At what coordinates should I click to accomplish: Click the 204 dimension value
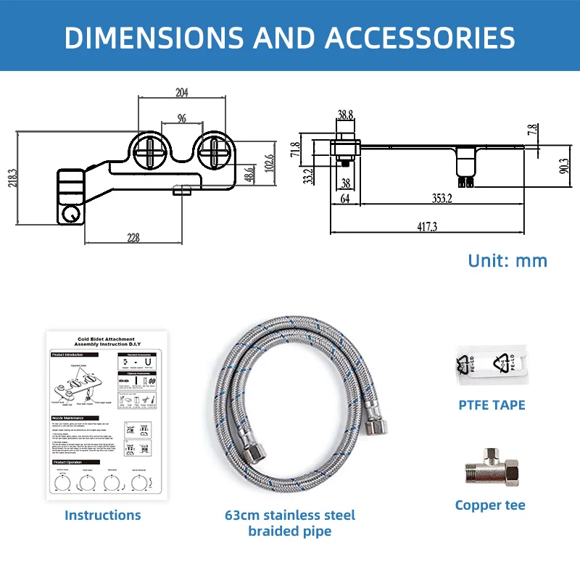coord(182,92)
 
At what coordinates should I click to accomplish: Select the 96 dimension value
coord(181,117)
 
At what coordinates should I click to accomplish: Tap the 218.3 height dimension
coord(11,178)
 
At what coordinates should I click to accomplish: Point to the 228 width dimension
coord(133,237)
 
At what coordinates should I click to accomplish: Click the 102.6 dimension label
coord(269,160)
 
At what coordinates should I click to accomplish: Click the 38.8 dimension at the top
coord(345,115)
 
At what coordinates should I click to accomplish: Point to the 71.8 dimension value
coord(295,150)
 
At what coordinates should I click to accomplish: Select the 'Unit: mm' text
coord(507,260)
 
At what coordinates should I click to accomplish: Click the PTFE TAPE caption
coord(491,405)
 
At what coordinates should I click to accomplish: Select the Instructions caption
coord(102,515)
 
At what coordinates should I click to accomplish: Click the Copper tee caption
coord(490,505)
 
